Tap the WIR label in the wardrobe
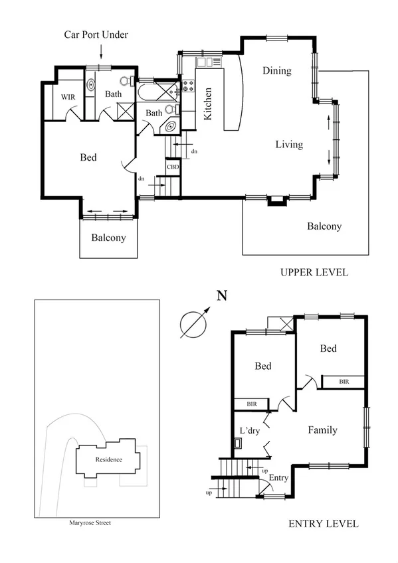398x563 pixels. (68, 97)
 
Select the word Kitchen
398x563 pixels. (207, 104)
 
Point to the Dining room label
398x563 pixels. (277, 70)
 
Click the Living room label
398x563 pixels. (289, 144)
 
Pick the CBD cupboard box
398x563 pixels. (173, 167)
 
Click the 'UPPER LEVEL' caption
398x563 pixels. (314, 272)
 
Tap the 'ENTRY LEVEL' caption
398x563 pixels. (324, 524)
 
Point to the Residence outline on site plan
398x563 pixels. (109, 459)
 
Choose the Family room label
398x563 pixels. (322, 430)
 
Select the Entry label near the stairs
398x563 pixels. (278, 477)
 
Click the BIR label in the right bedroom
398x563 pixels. (344, 382)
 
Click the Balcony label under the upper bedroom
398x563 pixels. (108, 238)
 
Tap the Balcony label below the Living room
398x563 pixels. (324, 226)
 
